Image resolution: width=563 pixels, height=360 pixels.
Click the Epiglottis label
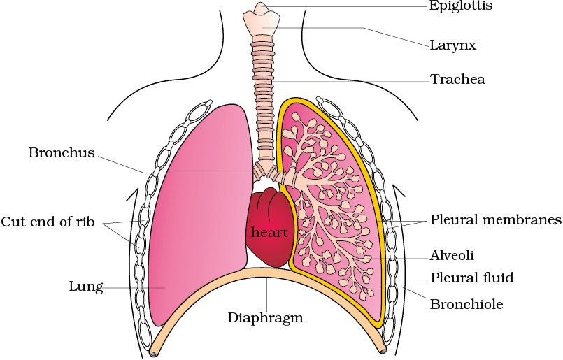coord(461,6)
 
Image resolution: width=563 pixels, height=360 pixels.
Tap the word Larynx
coord(453,45)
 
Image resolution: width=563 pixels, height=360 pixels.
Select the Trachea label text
coord(458,79)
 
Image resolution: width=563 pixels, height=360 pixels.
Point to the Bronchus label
coord(62,152)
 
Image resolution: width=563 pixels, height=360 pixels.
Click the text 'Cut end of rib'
coord(48,222)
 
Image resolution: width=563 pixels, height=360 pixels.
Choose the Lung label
coord(86,287)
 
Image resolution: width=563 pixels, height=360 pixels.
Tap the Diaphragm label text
coord(265,317)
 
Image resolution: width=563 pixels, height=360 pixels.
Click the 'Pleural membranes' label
coord(496,219)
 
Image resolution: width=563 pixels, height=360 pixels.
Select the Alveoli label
coord(452,255)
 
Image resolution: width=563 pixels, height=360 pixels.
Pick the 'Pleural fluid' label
coord(472,278)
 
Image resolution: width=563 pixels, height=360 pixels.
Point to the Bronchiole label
coord(466,304)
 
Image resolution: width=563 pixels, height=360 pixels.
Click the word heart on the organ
coord(269,232)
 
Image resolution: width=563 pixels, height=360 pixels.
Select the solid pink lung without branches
coord(199,215)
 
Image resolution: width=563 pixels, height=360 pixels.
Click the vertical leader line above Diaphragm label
coord(266,294)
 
